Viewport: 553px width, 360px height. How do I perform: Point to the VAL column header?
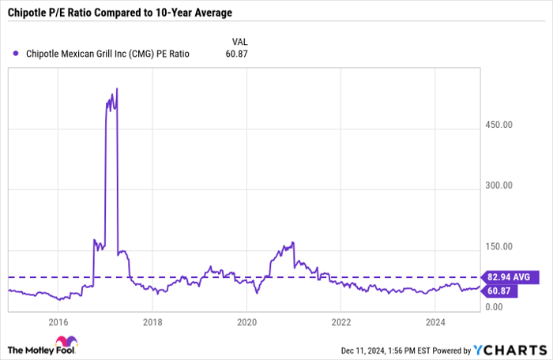(239, 39)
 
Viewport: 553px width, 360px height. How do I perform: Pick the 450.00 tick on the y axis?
(498, 125)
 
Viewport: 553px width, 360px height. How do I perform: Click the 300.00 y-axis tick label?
(498, 186)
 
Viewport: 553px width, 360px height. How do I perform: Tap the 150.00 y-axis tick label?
(498, 246)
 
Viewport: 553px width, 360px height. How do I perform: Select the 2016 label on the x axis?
(58, 322)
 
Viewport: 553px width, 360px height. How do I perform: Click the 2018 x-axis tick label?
(152, 322)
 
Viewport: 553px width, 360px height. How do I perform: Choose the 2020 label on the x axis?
(247, 322)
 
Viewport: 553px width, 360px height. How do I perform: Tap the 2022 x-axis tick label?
(341, 322)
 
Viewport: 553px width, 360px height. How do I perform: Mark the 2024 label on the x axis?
(436, 322)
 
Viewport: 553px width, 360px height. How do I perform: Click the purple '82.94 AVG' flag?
(513, 277)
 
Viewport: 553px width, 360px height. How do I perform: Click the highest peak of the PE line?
(117, 88)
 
